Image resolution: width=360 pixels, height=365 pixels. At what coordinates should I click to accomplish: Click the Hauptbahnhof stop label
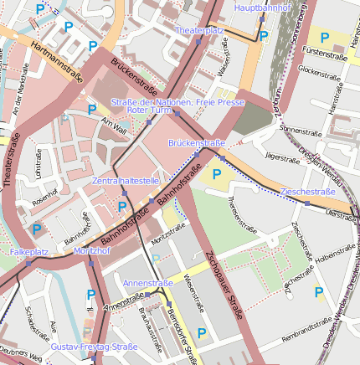(x=262, y=8)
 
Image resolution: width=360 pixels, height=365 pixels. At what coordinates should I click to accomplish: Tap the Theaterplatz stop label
(x=199, y=30)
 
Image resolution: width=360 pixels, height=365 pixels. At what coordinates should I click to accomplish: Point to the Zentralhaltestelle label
(x=126, y=181)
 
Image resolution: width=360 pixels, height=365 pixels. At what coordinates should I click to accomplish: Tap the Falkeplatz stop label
(x=28, y=251)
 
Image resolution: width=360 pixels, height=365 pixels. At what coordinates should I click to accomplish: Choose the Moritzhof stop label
(x=92, y=251)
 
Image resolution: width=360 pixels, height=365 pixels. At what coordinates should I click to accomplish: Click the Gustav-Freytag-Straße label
(x=94, y=346)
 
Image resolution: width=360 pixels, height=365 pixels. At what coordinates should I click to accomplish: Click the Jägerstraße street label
(x=281, y=157)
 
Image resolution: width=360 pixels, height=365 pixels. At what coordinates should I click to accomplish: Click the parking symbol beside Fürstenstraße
(x=325, y=38)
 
